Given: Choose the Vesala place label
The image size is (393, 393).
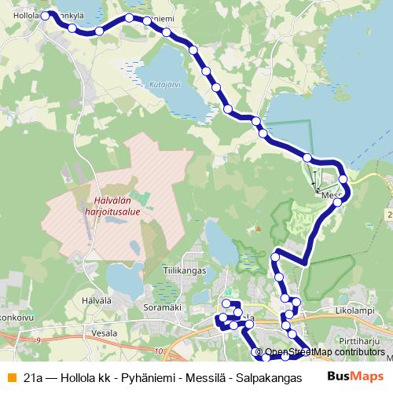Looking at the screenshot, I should [104, 333].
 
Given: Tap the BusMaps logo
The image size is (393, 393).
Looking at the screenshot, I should [354, 377].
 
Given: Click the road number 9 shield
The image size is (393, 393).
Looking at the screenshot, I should [37, 340].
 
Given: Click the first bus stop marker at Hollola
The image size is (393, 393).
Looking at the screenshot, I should [45, 15].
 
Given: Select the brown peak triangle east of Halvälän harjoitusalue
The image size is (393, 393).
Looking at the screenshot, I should [257, 229].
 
